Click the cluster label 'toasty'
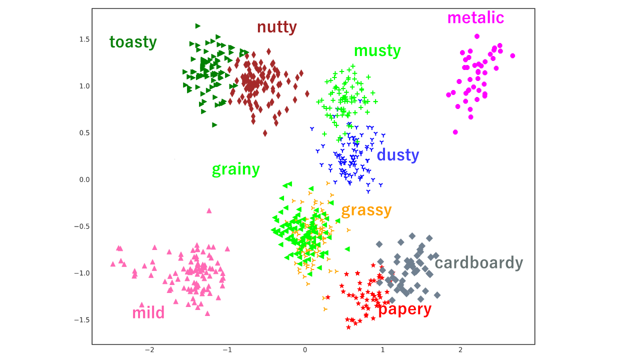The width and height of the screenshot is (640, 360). point(133,42)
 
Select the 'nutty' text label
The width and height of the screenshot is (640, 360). point(276,26)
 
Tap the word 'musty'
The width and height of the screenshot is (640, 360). point(377,50)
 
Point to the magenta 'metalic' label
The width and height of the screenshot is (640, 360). point(475,17)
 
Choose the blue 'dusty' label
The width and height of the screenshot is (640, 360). point(397,155)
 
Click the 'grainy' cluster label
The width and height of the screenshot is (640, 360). point(235,169)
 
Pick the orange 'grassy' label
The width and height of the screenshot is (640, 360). point(366,210)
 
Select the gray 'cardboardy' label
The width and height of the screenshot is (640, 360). point(478,262)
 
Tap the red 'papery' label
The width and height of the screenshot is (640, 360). point(404,309)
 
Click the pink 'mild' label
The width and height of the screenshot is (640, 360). point(148,313)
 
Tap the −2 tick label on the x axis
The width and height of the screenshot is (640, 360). point(149,350)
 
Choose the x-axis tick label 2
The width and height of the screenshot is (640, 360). point(460,350)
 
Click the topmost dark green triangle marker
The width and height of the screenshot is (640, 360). point(198,26)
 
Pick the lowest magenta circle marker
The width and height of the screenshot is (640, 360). point(455,132)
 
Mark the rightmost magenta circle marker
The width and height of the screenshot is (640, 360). point(512,56)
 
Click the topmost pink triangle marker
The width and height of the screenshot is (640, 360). point(209,210)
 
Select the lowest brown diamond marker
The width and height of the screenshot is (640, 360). point(265,133)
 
